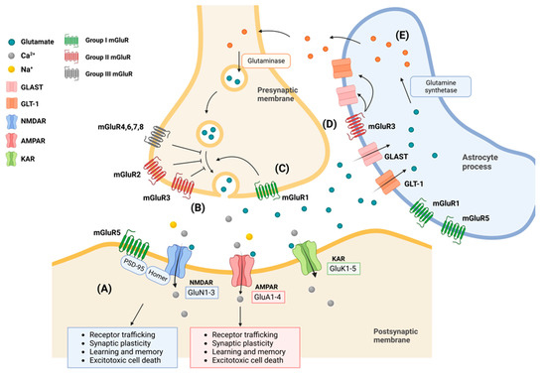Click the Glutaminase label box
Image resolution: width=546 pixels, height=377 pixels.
pos(233,58)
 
